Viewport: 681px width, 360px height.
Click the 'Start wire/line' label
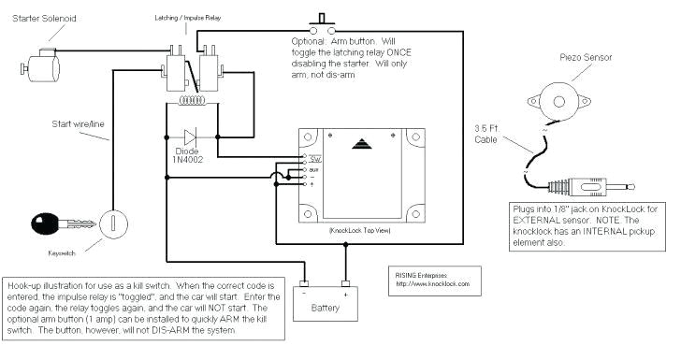[79, 121]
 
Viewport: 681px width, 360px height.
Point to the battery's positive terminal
[345, 285]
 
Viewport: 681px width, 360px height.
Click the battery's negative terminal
[304, 285]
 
